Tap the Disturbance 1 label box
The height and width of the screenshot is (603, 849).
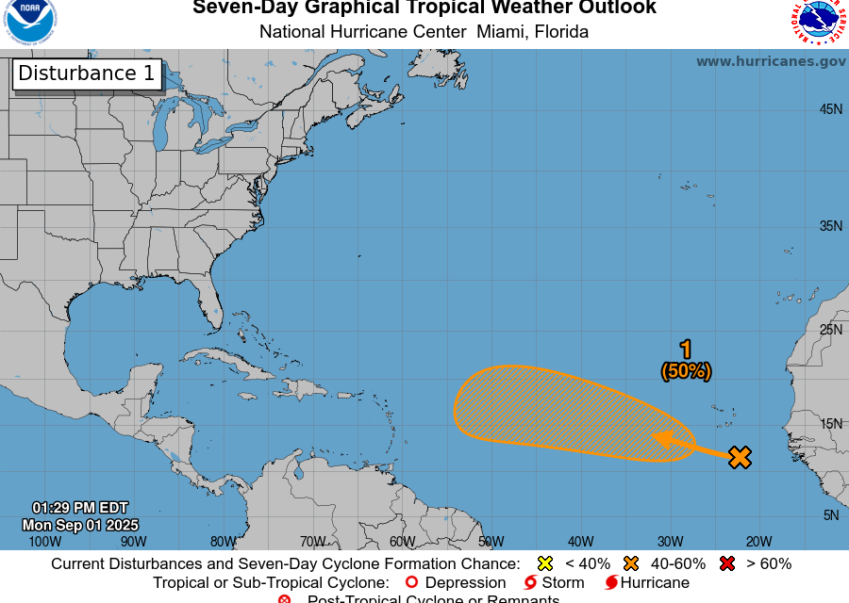(87, 73)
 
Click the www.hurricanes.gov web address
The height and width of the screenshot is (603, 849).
(771, 61)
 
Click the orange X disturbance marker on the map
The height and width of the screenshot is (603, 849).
(741, 458)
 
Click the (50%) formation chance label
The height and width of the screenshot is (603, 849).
(686, 371)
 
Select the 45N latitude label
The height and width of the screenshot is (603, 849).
(830, 109)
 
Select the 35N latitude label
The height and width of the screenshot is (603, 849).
(830, 226)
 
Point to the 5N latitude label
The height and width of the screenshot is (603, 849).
(831, 515)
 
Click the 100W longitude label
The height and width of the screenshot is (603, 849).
(45, 542)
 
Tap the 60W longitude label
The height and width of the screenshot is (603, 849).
(402, 542)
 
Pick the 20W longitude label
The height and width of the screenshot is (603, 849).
(758, 542)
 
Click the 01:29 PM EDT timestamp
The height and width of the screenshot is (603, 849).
(80, 508)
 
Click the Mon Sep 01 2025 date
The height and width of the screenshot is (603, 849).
(81, 525)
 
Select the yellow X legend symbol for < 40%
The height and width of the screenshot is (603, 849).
(544, 563)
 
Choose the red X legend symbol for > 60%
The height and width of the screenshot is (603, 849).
(726, 563)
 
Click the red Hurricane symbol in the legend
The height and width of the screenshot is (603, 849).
(611, 582)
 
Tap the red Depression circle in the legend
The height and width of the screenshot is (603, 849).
(411, 582)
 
